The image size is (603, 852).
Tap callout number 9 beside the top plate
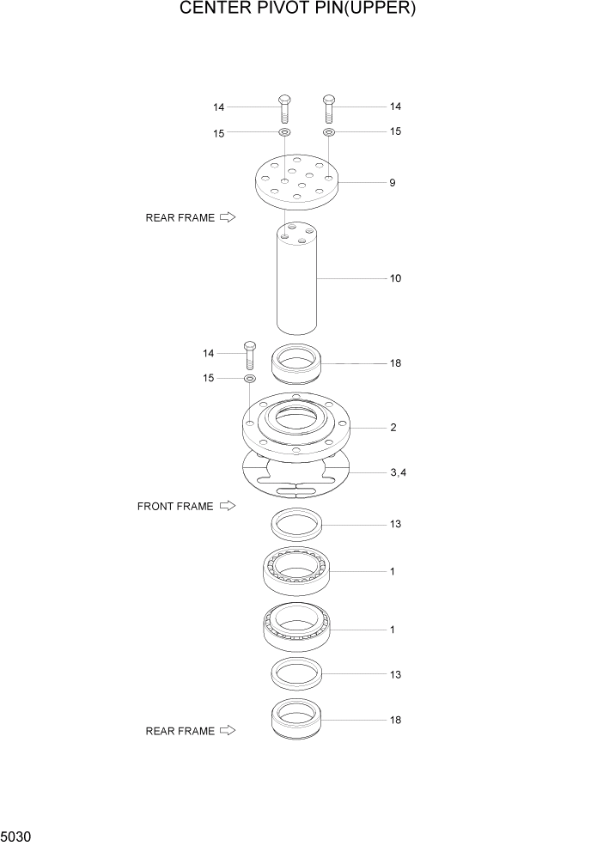coord(393,183)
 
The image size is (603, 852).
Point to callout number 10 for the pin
coord(395,278)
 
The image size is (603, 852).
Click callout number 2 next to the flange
coord(393,427)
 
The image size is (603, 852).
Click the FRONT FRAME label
coord(175,507)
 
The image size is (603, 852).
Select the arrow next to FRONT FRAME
coord(228,506)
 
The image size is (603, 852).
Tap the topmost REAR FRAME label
coord(180,218)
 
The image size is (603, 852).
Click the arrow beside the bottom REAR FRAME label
coord(228,731)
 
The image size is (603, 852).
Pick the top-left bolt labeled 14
coord(284,108)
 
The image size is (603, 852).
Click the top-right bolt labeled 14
coord(328,108)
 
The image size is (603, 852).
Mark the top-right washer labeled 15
coord(328,132)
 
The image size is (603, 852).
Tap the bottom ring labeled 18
coord(296,720)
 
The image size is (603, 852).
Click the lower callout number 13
coord(395,675)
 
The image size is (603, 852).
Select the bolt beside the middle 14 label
coord(250,354)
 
